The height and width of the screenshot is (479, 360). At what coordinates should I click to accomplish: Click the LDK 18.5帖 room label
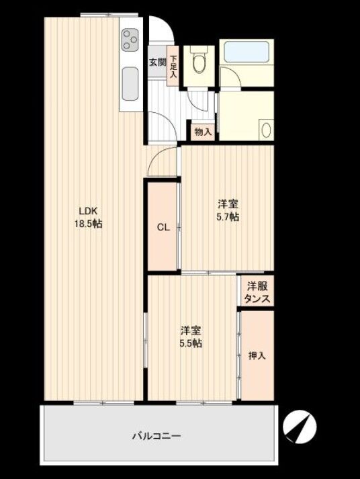89,217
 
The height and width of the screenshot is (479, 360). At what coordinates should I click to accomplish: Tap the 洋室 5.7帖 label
228,210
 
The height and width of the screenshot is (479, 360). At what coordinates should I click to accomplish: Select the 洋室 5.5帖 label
191,337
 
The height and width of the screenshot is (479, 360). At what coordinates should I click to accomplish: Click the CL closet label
163,227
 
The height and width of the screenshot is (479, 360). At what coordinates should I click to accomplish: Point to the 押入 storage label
257,355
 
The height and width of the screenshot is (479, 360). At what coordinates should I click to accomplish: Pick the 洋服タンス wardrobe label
257,292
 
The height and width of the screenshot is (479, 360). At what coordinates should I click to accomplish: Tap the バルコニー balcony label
156,435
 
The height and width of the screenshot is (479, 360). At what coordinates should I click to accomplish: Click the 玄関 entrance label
157,62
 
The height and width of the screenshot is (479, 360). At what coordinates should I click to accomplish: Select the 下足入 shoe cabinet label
173,66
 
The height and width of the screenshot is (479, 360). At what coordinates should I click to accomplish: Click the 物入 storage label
203,132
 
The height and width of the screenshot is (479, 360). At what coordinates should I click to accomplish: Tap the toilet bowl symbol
199,60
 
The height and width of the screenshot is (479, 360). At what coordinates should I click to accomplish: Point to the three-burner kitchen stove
130,40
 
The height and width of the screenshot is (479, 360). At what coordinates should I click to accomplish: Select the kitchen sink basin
130,85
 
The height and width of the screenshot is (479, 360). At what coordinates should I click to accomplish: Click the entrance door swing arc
167,27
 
